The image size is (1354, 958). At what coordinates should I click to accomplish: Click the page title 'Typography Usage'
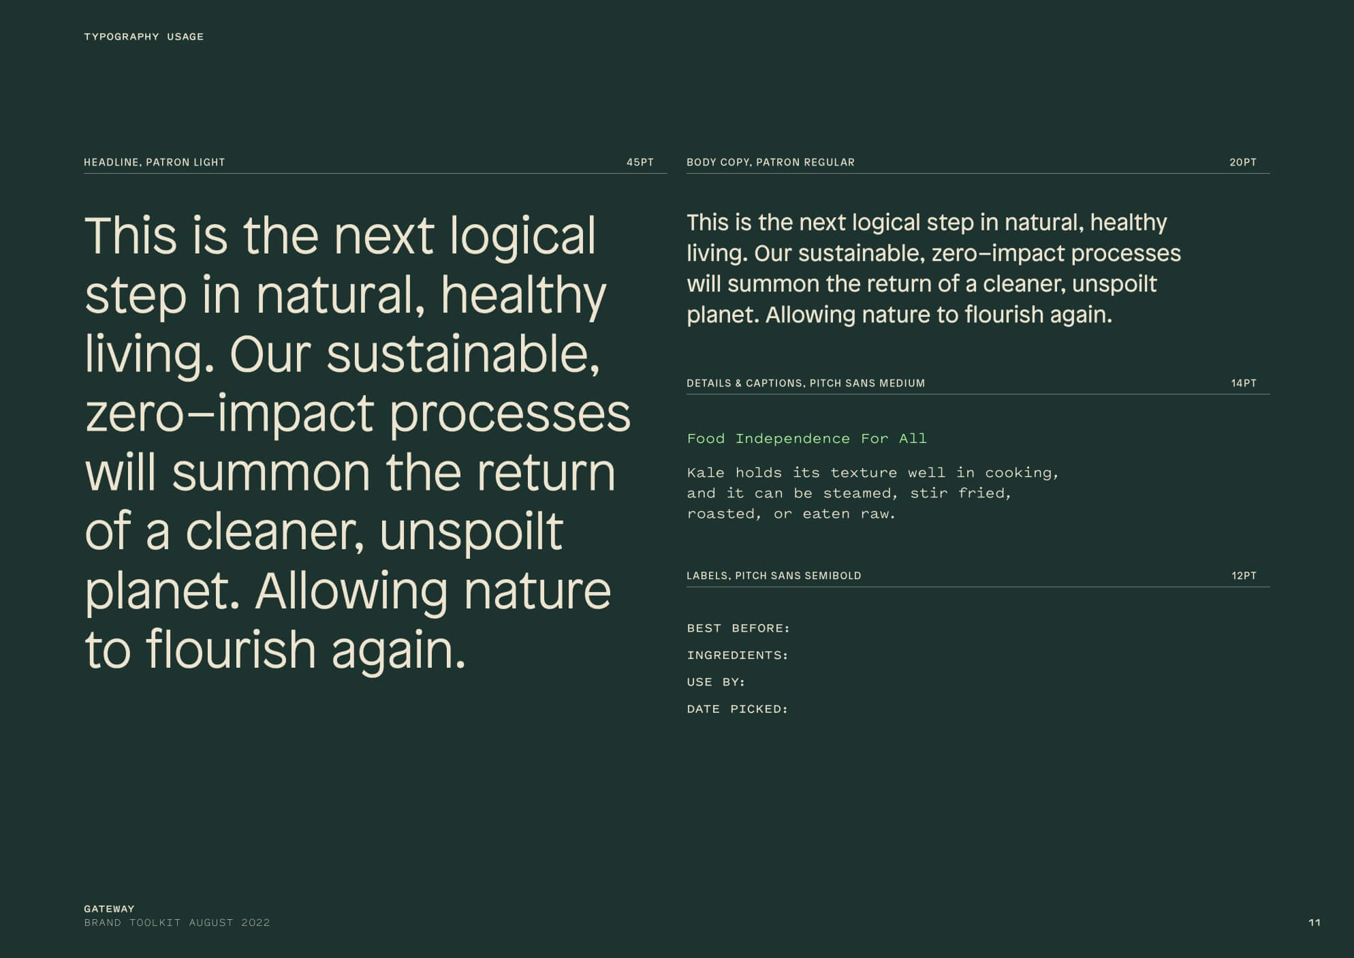[x=144, y=37]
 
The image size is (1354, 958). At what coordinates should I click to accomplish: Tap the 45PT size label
[x=640, y=162]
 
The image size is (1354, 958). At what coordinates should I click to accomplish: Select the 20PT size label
[x=1243, y=162]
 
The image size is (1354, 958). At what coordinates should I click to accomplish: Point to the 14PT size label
[x=1244, y=383]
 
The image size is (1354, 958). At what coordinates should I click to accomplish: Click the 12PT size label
[x=1244, y=576]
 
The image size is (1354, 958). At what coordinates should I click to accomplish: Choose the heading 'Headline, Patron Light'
[x=155, y=162]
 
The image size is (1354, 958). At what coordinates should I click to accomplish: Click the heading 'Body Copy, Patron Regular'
[x=770, y=162]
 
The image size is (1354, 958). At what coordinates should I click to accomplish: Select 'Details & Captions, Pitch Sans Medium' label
[x=806, y=383]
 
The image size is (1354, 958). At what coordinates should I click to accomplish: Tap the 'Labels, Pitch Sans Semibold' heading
[x=774, y=576]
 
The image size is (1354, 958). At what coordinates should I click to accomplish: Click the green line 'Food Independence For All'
[x=807, y=439]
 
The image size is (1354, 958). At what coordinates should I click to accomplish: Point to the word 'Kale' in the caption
[x=706, y=473]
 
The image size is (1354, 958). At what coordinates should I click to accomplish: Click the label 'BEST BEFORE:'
[x=738, y=628]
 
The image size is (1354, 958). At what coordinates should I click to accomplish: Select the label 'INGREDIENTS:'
[x=738, y=655]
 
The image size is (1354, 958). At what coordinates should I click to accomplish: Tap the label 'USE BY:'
[x=716, y=682]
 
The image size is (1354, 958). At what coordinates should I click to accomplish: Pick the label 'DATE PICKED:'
[x=738, y=709]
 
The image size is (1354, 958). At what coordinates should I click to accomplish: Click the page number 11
[x=1314, y=923]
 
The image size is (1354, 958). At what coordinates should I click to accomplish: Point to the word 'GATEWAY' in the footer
[x=109, y=909]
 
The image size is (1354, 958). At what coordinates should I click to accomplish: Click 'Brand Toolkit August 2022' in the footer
[x=177, y=923]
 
